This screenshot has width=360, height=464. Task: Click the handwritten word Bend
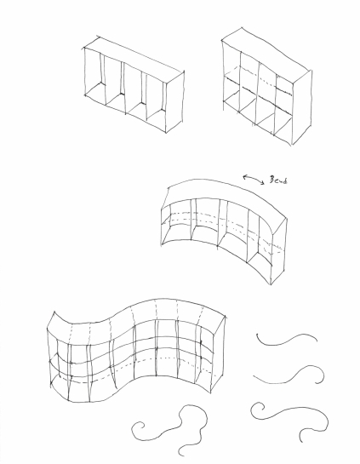click(278, 180)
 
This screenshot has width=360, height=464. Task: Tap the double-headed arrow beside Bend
click(254, 179)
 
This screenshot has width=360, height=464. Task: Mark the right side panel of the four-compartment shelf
click(174, 102)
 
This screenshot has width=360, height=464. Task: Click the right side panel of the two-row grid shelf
click(302, 107)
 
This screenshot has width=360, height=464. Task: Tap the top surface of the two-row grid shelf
click(266, 54)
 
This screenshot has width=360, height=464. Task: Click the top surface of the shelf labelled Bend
click(225, 192)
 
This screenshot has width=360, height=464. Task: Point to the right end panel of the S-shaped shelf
click(219, 355)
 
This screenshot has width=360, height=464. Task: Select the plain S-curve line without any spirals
click(286, 341)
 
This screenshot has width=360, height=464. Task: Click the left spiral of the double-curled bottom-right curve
click(257, 410)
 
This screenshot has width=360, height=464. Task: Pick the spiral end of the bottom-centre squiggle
click(138, 429)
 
